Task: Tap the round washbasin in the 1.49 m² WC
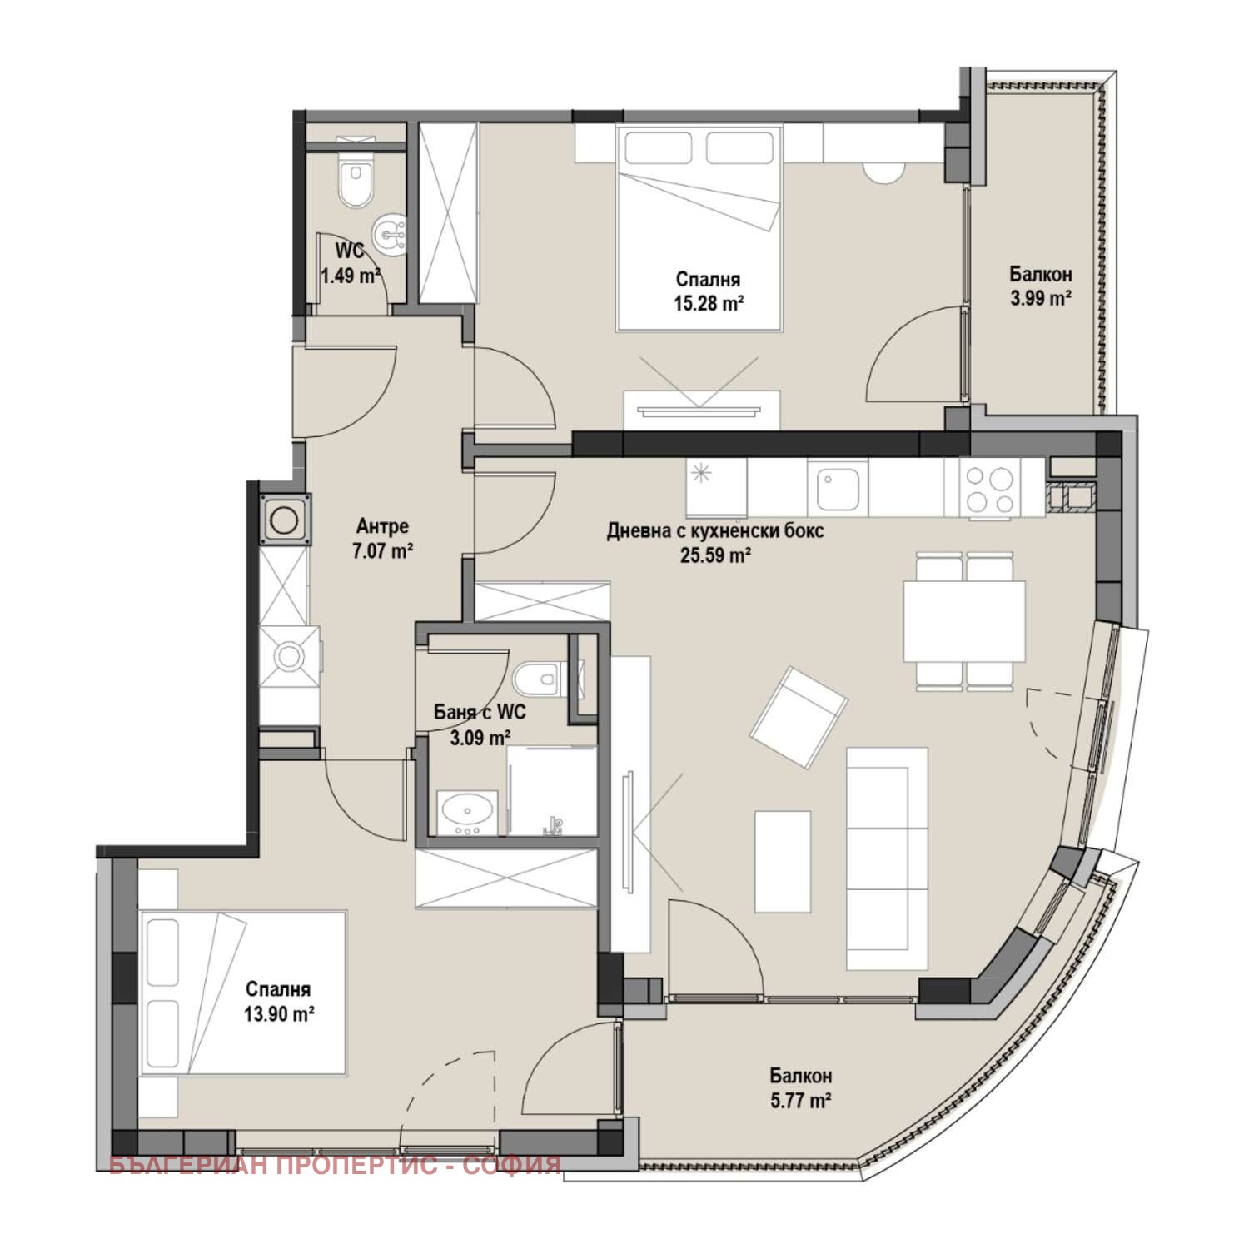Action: pos(389,234)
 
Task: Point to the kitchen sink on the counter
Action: pos(837,489)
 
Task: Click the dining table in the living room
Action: pos(964,620)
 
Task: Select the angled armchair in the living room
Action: pos(799,718)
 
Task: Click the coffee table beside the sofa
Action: pos(783,861)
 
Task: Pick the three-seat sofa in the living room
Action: pos(887,858)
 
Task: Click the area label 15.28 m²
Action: pos(709,304)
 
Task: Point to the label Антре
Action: pos(382,526)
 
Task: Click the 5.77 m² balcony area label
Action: pos(801,1101)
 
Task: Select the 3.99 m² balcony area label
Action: pos(1041,297)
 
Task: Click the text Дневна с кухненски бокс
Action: pos(715,530)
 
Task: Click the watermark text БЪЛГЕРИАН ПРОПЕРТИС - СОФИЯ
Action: pos(336,1165)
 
